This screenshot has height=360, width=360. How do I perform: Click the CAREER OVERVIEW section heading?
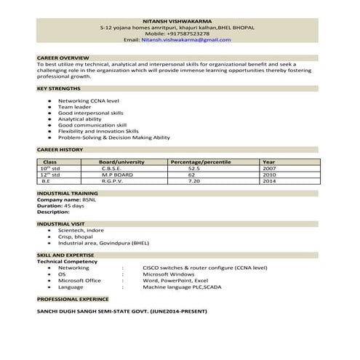[x=63, y=57]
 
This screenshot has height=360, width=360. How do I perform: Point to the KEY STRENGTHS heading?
[x=60, y=88]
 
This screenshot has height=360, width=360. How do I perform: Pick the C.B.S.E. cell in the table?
[x=116, y=167]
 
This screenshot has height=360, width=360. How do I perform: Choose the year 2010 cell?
[x=268, y=175]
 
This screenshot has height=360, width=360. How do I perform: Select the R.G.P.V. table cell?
[x=116, y=181]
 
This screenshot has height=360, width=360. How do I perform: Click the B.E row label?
[x=44, y=181]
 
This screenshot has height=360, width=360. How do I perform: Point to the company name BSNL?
[x=86, y=199]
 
